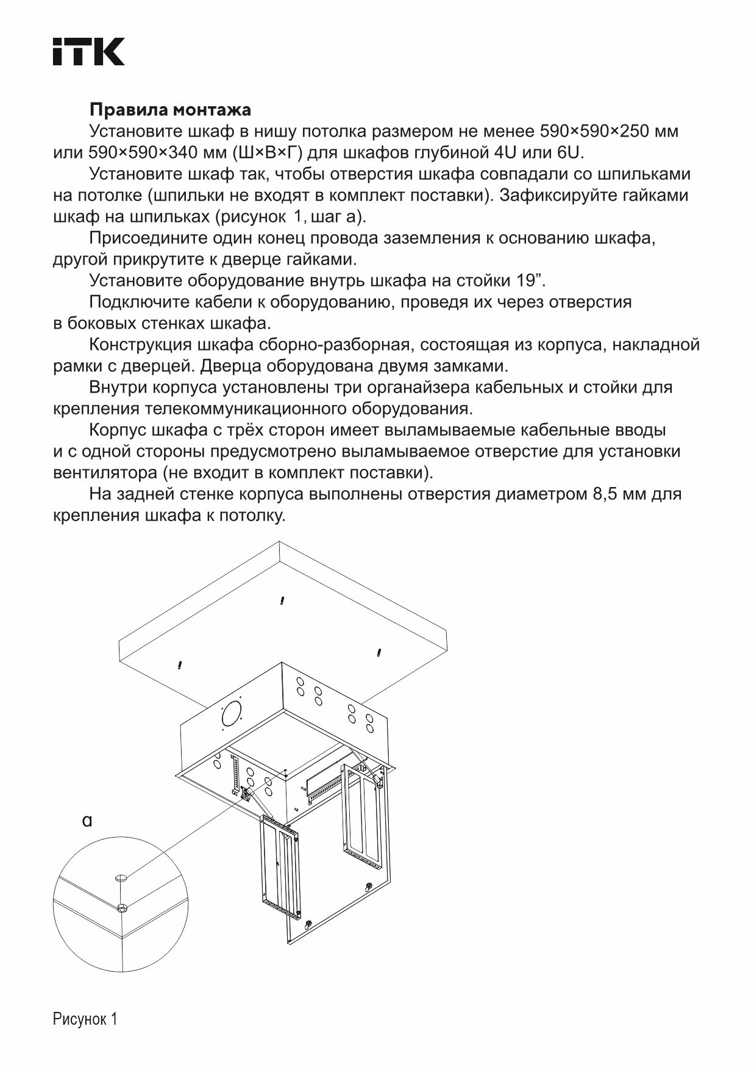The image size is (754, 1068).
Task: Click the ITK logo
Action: [x=88, y=51]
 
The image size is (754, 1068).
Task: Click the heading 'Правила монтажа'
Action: [x=170, y=110]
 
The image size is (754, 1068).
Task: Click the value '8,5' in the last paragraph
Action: [x=605, y=494]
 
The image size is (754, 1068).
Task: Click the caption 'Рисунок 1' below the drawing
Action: [x=85, y=1019]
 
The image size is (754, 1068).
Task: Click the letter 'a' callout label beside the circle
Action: [x=87, y=821]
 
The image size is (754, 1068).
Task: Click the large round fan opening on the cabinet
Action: [x=232, y=712]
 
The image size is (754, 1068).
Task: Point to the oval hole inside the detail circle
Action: [x=121, y=878]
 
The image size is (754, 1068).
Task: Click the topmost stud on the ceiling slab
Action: [x=282, y=600]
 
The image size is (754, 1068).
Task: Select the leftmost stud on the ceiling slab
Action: [x=180, y=663]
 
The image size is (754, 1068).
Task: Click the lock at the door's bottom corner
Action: [x=308, y=924]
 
